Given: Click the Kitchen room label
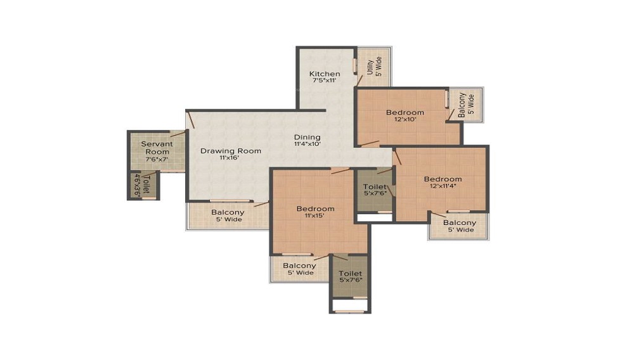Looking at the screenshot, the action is tap(325, 74).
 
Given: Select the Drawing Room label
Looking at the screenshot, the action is tap(231, 151).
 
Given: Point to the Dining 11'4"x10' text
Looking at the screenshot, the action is tap(307, 140).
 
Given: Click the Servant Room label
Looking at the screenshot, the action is tap(157, 148).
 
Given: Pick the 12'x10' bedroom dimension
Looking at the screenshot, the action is tap(405, 119).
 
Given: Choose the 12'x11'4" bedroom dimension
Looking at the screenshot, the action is tap(443, 186).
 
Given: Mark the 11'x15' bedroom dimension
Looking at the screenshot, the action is tap(315, 215).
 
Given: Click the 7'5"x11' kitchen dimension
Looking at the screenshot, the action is tap(325, 80).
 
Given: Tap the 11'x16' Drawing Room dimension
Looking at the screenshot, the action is tap(230, 158).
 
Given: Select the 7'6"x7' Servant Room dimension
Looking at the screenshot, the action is tap(157, 159).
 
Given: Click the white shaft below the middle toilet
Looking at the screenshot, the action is tap(375, 217).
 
